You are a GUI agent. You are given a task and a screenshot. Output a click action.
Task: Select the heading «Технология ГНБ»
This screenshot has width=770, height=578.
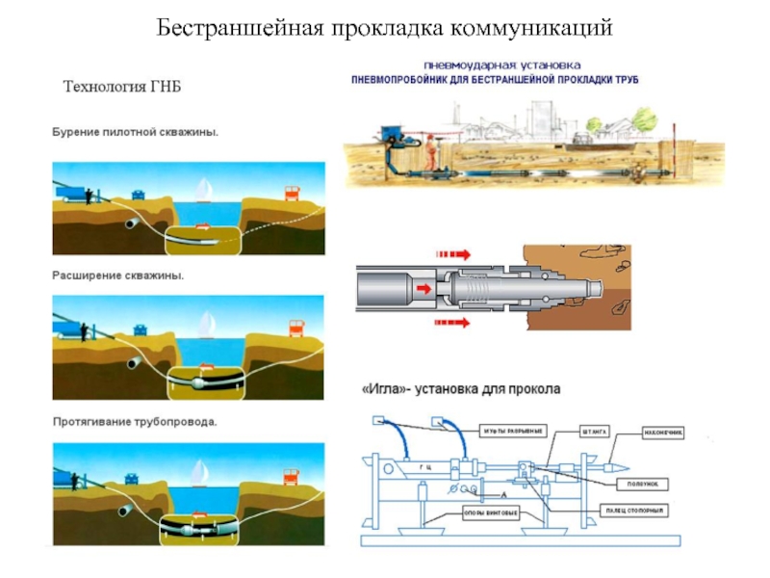click(x=122, y=87)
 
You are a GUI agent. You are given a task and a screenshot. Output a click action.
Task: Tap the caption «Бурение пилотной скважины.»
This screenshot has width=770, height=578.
click(x=135, y=132)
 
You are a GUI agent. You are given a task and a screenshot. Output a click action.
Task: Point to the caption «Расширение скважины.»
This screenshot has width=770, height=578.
click(x=117, y=276)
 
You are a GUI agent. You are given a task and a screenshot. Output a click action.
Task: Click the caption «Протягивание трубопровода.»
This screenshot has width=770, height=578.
click(x=134, y=422)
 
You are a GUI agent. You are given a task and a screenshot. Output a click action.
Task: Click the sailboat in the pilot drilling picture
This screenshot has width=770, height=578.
click(x=203, y=189)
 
